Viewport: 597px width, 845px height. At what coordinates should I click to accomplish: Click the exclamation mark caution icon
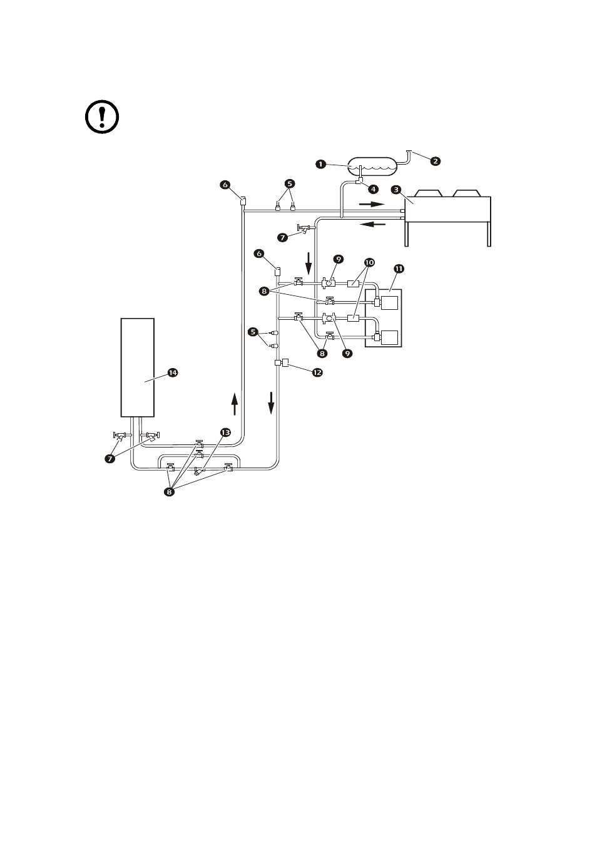pos(102,116)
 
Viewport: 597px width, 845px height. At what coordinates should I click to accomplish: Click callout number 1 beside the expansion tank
pos(320,164)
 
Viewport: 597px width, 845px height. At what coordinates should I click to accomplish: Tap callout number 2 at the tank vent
pos(435,161)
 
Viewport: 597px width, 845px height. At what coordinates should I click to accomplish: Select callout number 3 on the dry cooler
pos(396,190)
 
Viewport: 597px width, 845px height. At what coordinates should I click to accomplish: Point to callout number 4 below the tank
pos(373,189)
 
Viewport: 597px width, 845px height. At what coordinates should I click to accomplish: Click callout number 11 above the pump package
pos(399,269)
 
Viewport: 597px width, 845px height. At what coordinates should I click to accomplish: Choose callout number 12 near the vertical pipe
pos(317,372)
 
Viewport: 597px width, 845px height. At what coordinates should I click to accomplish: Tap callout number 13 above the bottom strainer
pos(225,433)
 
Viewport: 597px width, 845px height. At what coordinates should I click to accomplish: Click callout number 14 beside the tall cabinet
pos(173,372)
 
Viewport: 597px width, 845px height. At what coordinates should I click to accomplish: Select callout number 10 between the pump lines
pos(369,262)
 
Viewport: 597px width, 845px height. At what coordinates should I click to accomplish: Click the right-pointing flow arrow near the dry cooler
pos(372,204)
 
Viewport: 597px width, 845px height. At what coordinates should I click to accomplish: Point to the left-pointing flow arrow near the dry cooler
pos(373,225)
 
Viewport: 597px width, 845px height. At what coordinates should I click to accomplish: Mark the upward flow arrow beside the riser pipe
pos(235,404)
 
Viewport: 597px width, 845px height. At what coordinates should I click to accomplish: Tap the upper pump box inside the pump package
pos(390,303)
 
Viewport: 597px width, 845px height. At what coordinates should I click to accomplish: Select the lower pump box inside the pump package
pos(390,337)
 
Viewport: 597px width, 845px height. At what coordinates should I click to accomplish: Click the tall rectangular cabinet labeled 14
pos(137,368)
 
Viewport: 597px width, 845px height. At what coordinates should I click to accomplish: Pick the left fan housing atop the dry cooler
pos(429,193)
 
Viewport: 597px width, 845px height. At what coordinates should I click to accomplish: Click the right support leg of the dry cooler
pos(489,234)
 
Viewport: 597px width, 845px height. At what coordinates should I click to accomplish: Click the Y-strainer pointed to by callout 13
pos(198,471)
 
